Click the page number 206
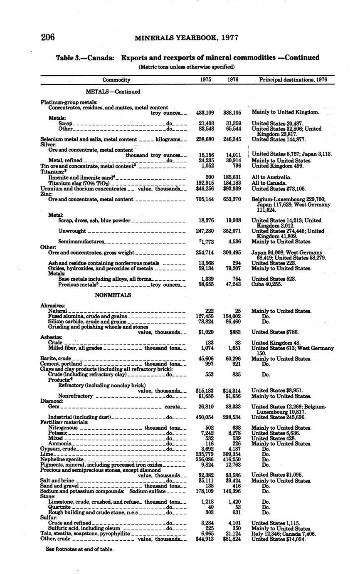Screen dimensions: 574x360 point(48,37)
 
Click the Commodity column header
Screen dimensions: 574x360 point(116,80)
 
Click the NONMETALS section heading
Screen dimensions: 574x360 point(113,295)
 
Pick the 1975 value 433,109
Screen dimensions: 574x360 point(205,112)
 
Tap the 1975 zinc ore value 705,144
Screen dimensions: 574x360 point(205,199)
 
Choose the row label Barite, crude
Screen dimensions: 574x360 point(56,359)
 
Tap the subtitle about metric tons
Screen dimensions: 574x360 point(187,67)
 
